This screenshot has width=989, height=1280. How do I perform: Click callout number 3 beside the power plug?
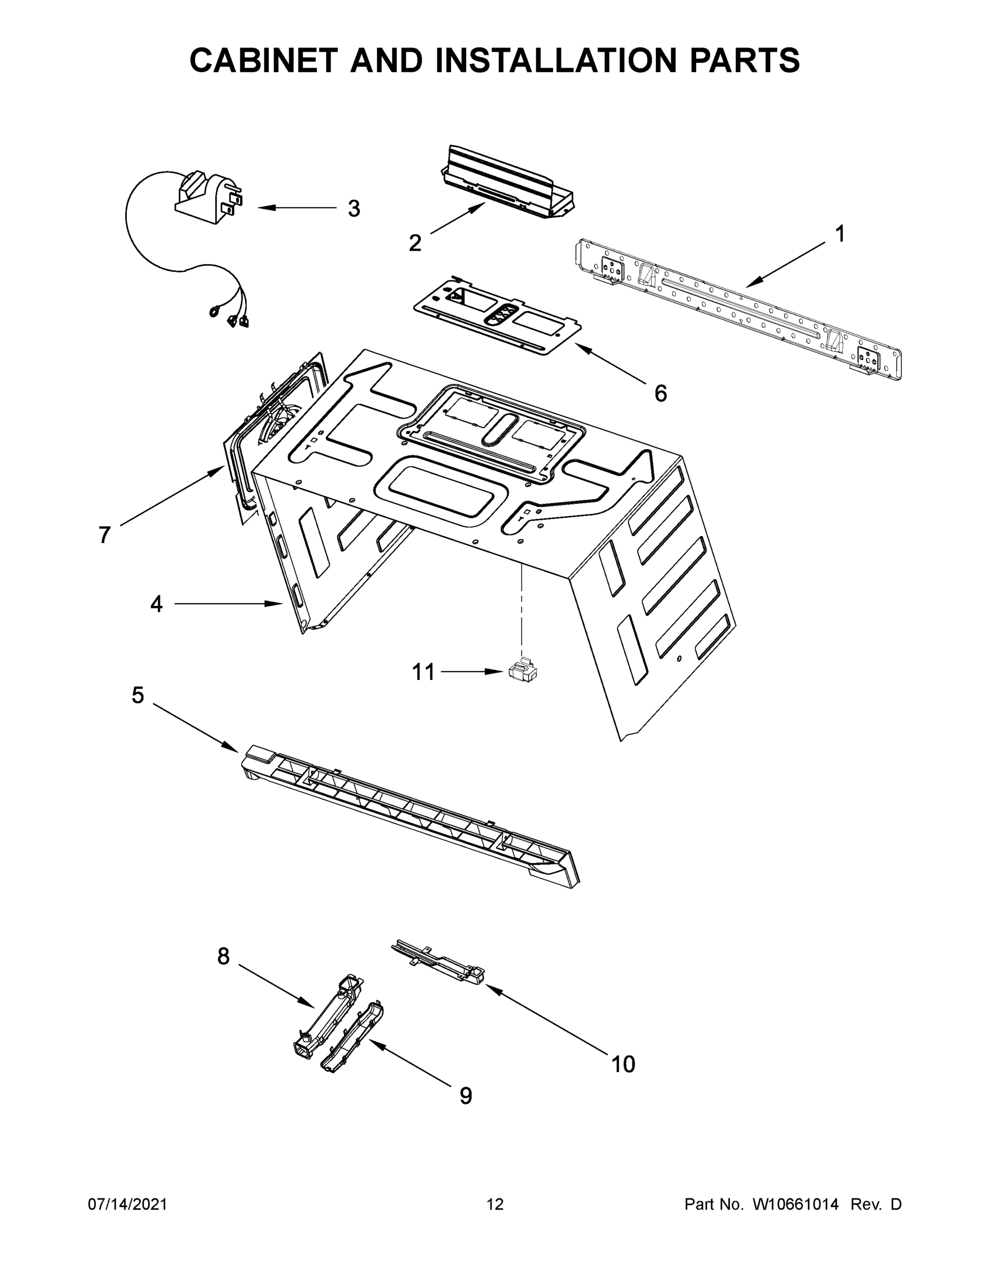coord(354,209)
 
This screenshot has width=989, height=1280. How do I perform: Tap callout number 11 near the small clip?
coord(424,671)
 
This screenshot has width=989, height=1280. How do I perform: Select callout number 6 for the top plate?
coord(660,394)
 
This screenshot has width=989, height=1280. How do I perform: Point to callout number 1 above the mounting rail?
coord(840,234)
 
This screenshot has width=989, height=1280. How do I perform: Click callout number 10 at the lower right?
coord(623,1064)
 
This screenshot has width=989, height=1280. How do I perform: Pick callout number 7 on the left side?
coord(104,534)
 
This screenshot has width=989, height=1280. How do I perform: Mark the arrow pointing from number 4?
coord(229,604)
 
